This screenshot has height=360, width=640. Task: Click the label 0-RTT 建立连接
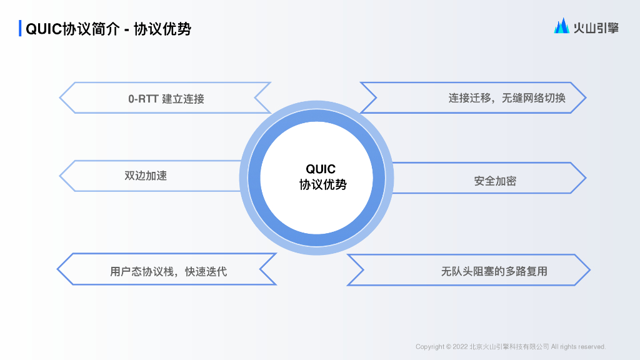(166, 99)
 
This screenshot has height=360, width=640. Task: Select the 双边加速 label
(146, 176)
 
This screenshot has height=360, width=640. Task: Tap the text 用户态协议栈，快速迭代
(168, 271)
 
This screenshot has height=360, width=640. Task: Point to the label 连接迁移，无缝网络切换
(506, 98)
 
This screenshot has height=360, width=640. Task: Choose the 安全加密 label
(495, 181)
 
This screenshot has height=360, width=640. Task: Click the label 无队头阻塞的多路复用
(494, 271)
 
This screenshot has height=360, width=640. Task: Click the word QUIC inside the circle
(321, 169)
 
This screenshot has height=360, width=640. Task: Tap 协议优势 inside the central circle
(322, 184)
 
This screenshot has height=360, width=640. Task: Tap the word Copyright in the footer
(430, 347)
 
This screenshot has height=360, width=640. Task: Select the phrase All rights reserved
(578, 347)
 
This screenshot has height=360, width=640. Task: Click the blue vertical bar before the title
(21, 29)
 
